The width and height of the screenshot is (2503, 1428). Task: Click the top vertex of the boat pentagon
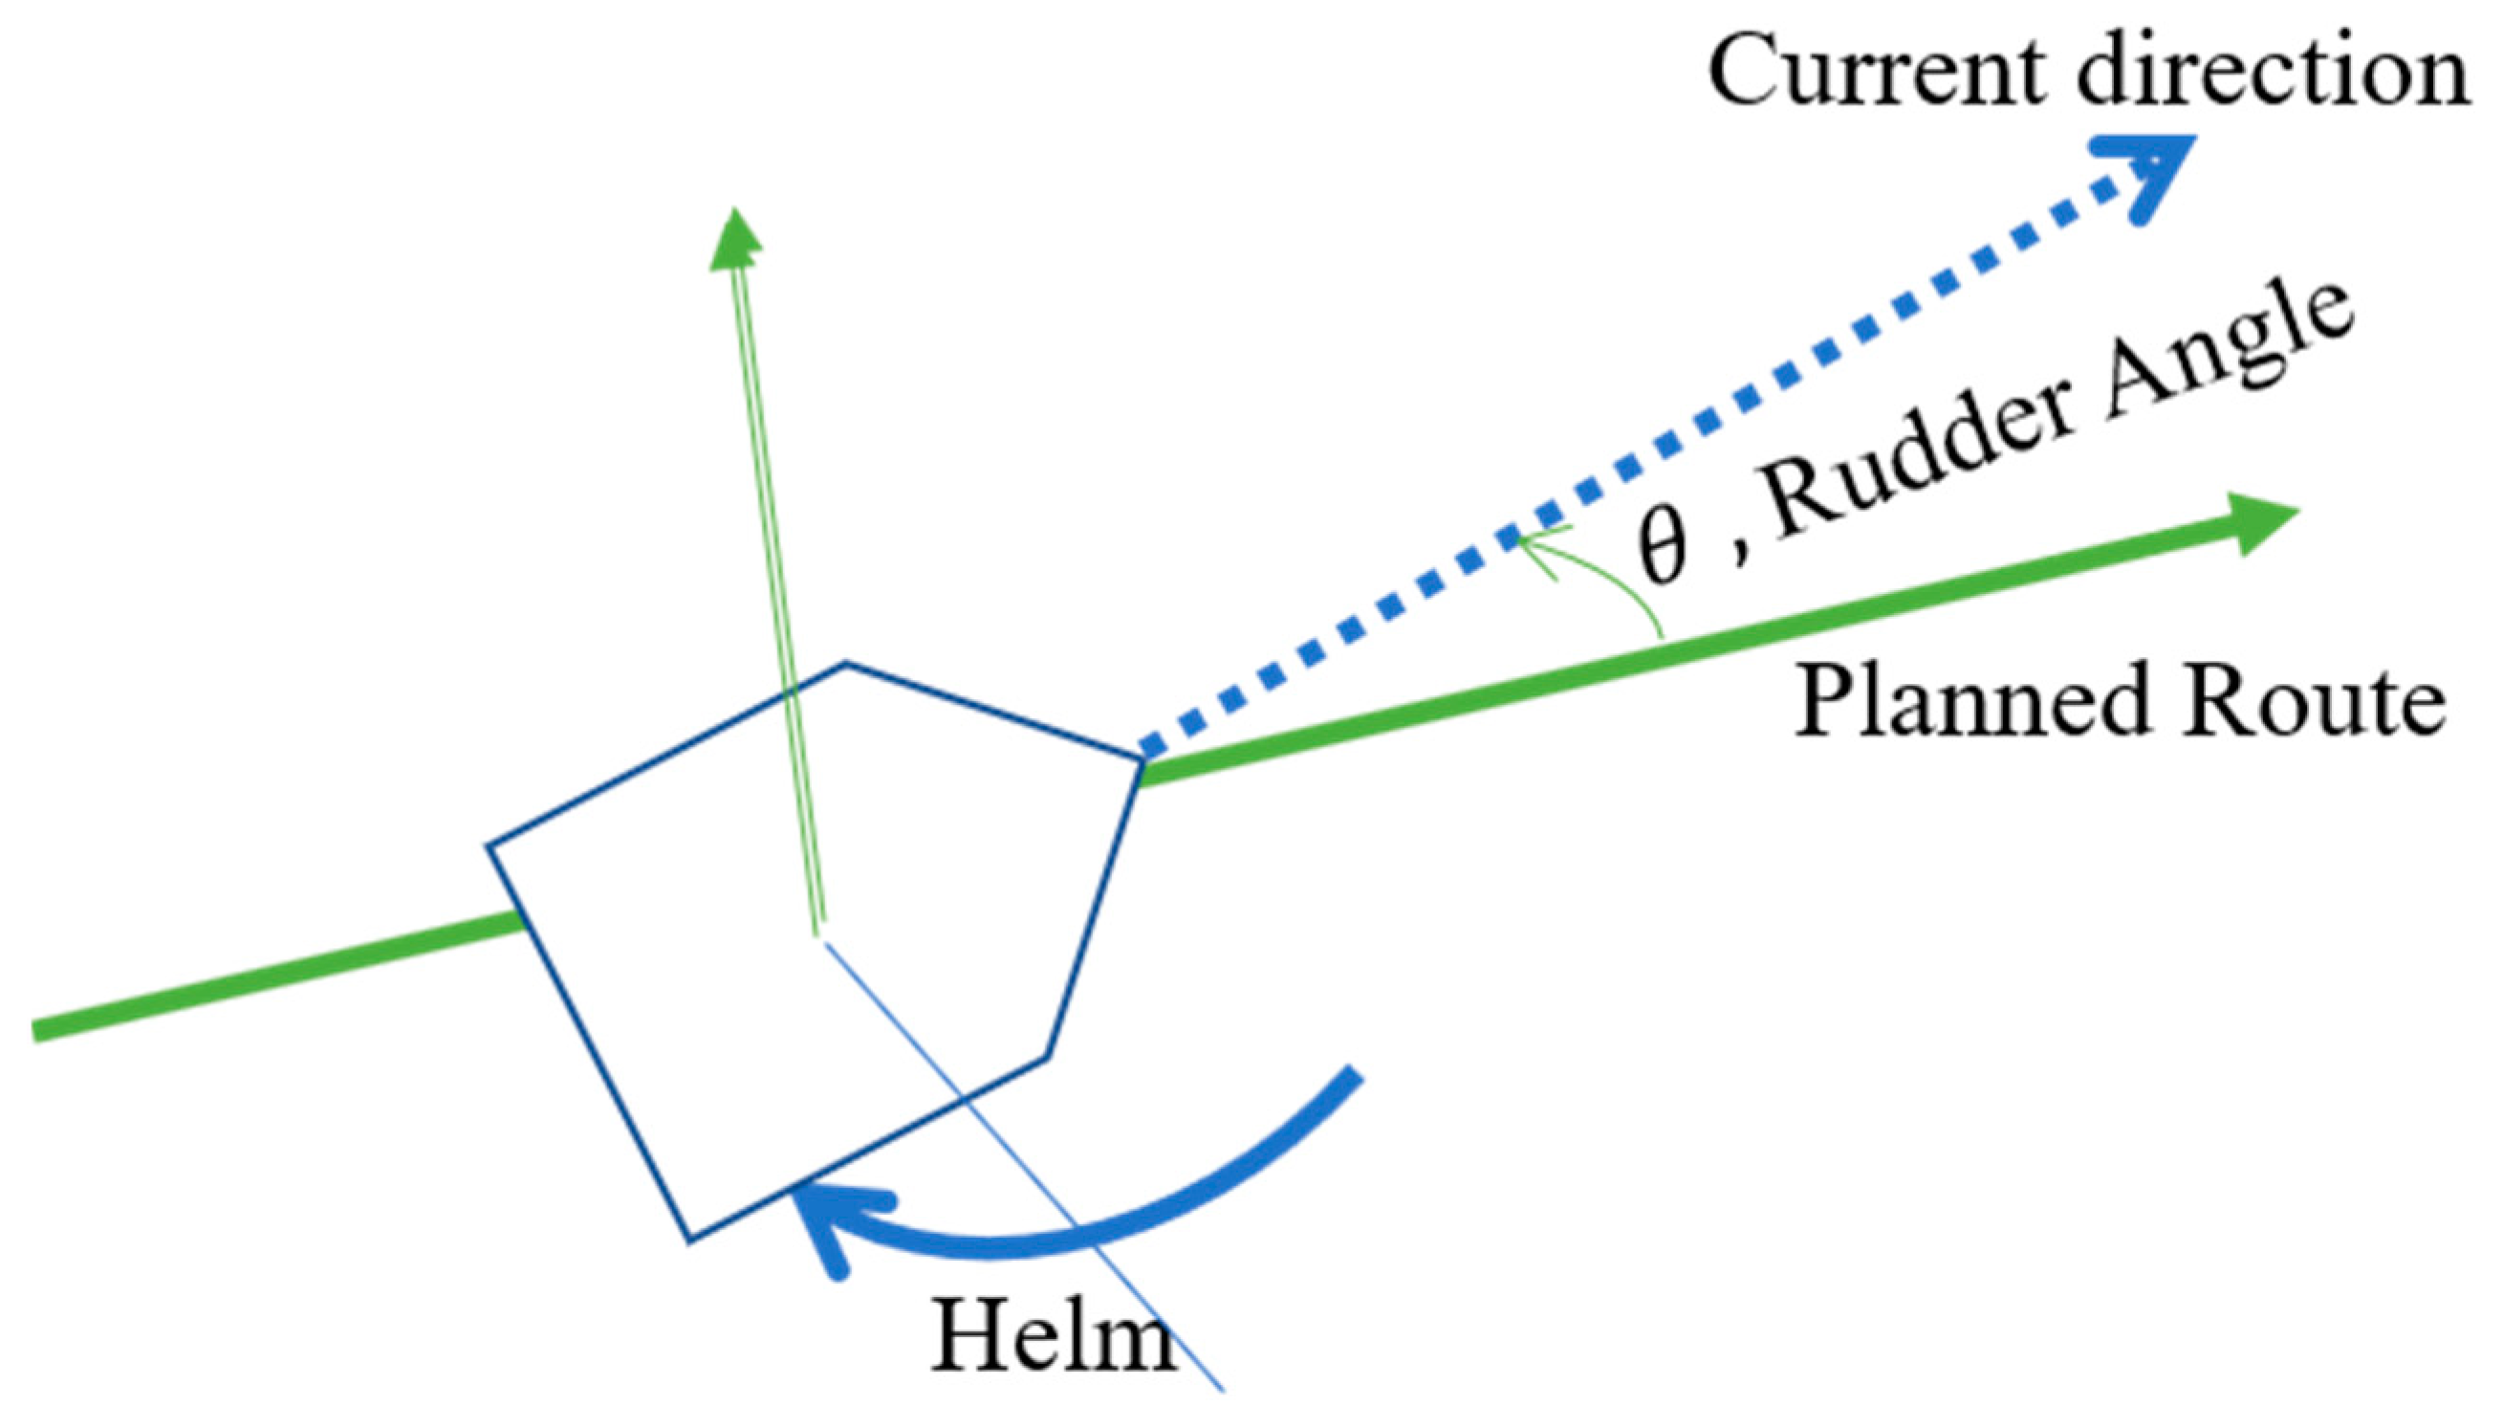[x=845, y=664]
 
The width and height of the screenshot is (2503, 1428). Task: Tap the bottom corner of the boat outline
[x=689, y=1241]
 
